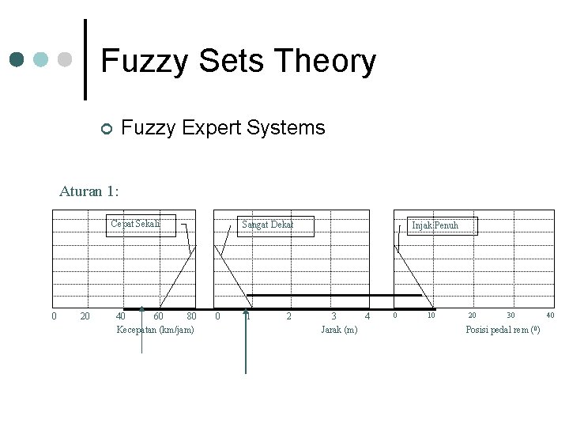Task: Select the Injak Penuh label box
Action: pyautogui.click(x=434, y=225)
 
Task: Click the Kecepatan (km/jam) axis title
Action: pyautogui.click(x=155, y=329)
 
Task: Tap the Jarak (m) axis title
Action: pyautogui.click(x=339, y=329)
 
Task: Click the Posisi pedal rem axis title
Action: pyautogui.click(x=503, y=329)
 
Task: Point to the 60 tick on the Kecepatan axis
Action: pyautogui.click(x=158, y=317)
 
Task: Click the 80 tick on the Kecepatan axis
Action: pyautogui.click(x=190, y=317)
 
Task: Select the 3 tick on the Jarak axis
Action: pyautogui.click(x=333, y=317)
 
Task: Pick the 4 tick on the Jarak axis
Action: pyautogui.click(x=367, y=317)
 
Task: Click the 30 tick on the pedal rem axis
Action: pyautogui.click(x=511, y=316)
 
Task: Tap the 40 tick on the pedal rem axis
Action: pyautogui.click(x=550, y=316)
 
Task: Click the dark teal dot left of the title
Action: pyautogui.click(x=17, y=59)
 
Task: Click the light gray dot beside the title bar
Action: pyautogui.click(x=66, y=59)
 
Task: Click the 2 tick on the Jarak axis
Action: pyautogui.click(x=288, y=317)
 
